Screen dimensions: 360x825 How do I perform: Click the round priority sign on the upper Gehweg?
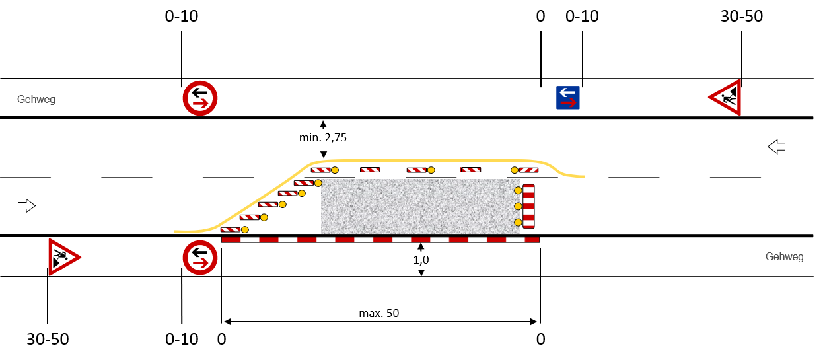tap(200, 98)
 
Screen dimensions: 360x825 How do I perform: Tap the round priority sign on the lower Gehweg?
tap(200, 257)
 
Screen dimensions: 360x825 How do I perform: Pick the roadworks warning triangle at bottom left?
tap(62, 256)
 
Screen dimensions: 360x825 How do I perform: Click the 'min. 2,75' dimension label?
tap(323, 138)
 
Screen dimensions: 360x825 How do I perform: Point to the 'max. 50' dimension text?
tap(380, 312)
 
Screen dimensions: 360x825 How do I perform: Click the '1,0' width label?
tap(421, 260)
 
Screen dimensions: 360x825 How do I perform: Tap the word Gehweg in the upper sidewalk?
tap(36, 100)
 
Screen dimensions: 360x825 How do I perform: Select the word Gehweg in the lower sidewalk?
tap(784, 256)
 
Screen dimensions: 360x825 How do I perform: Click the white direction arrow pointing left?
tap(777, 147)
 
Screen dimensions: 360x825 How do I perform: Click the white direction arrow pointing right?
tap(26, 206)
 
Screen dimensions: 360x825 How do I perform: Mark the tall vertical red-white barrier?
tap(528, 207)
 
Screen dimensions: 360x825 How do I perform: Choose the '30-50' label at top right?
tap(741, 17)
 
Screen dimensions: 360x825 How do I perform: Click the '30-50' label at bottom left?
tap(48, 340)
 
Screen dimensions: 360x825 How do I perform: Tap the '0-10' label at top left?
tap(182, 17)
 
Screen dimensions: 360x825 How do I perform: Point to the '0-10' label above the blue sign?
tap(583, 17)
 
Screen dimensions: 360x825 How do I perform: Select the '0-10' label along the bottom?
tap(182, 340)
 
